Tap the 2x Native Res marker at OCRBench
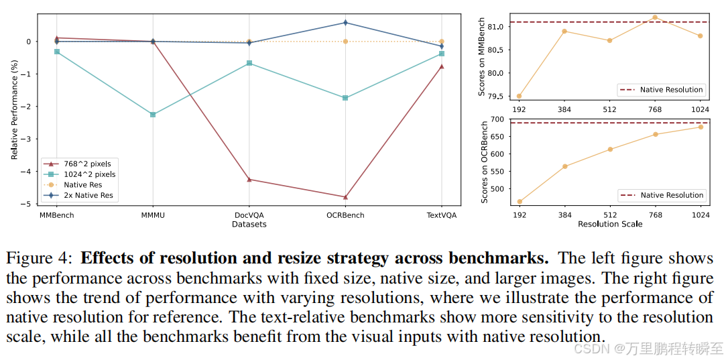pyautogui.click(x=345, y=23)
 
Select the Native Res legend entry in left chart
pyautogui.click(x=82, y=184)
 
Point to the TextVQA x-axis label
pyautogui.click(x=442, y=216)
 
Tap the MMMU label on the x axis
pyautogui.click(x=152, y=216)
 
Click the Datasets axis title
pyautogui.click(x=249, y=225)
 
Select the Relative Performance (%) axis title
pyautogui.click(x=14, y=110)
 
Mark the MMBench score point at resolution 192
pyautogui.click(x=519, y=96)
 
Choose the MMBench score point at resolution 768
pyautogui.click(x=655, y=17)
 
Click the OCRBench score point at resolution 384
pyautogui.click(x=564, y=166)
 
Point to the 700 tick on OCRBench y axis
pyautogui.click(x=497, y=119)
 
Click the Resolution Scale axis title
pyautogui.click(x=609, y=225)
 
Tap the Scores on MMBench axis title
pyautogui.click(x=481, y=57)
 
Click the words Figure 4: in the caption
pyautogui.click(x=40, y=258)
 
